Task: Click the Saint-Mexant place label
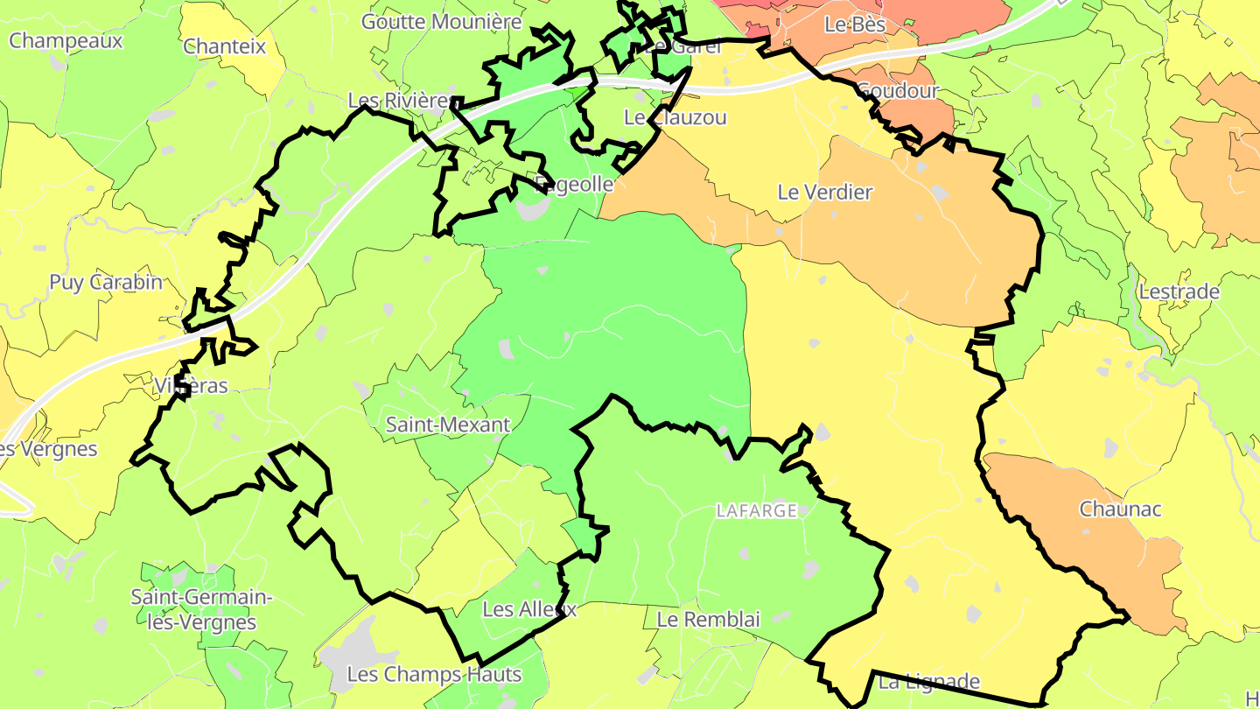[447, 425]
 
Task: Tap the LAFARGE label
[757, 510]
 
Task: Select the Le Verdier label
[825, 192]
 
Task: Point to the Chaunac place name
[1120, 509]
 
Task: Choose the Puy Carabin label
[106, 282]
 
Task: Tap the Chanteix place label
[224, 46]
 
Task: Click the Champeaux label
[66, 40]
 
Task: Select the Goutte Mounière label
[441, 22]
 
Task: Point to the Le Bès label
[855, 25]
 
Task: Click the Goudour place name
[897, 90]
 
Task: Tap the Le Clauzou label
[675, 117]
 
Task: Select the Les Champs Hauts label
[434, 675]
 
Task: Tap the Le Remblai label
[709, 620]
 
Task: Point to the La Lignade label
[928, 681]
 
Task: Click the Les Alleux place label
[529, 609]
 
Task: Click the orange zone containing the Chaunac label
[1076, 543]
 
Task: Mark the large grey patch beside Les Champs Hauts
[350, 652]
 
